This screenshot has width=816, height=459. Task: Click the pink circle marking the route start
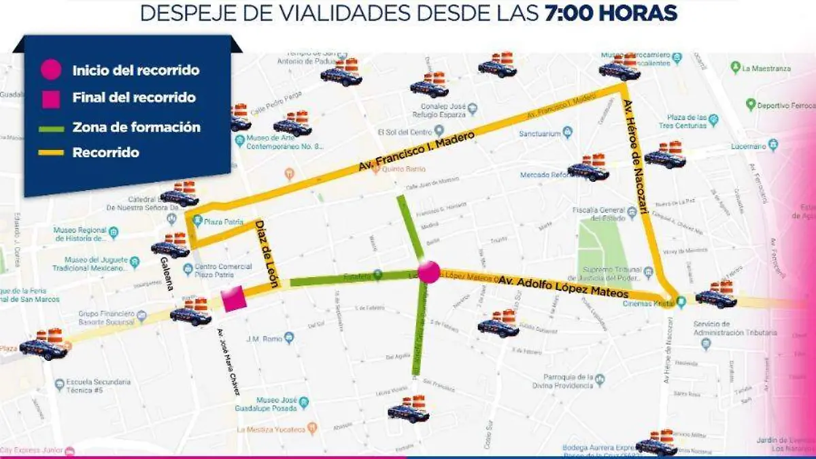429,271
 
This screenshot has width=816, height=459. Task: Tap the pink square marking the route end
233,299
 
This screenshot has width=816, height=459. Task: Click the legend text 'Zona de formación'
136,127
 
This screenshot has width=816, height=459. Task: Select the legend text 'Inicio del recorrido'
135,70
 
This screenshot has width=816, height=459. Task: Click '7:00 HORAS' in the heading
611,13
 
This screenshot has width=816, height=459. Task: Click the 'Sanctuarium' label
540,134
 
